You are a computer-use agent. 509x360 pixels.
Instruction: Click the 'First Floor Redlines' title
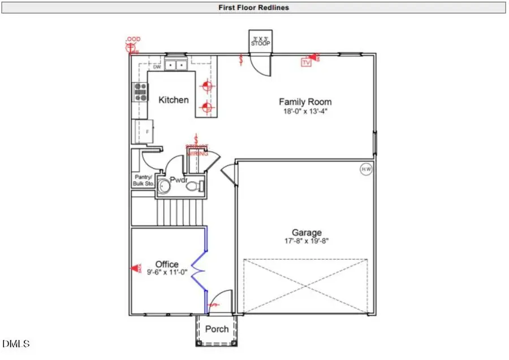tap(254, 7)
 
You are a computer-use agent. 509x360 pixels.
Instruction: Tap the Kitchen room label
tap(173, 100)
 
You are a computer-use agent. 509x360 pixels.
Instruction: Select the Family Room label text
tap(305, 102)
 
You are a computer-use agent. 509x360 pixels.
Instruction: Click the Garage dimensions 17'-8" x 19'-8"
tap(307, 241)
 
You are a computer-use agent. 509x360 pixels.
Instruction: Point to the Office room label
tap(167, 264)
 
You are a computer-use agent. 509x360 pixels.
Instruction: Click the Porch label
tap(217, 329)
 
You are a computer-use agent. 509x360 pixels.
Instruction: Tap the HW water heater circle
tap(366, 169)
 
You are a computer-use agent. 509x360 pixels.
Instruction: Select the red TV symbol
tap(306, 62)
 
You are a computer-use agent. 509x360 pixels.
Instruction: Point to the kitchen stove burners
tap(140, 92)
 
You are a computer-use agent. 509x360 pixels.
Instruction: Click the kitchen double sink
tap(176, 66)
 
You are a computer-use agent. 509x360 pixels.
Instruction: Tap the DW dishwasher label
tap(157, 67)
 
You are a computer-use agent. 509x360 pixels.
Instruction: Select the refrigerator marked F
tap(144, 131)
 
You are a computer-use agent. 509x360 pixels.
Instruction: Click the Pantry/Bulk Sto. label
tap(144, 180)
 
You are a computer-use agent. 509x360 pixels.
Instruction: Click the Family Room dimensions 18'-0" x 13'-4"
tap(305, 112)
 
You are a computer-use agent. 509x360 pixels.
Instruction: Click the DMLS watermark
tap(16, 344)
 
